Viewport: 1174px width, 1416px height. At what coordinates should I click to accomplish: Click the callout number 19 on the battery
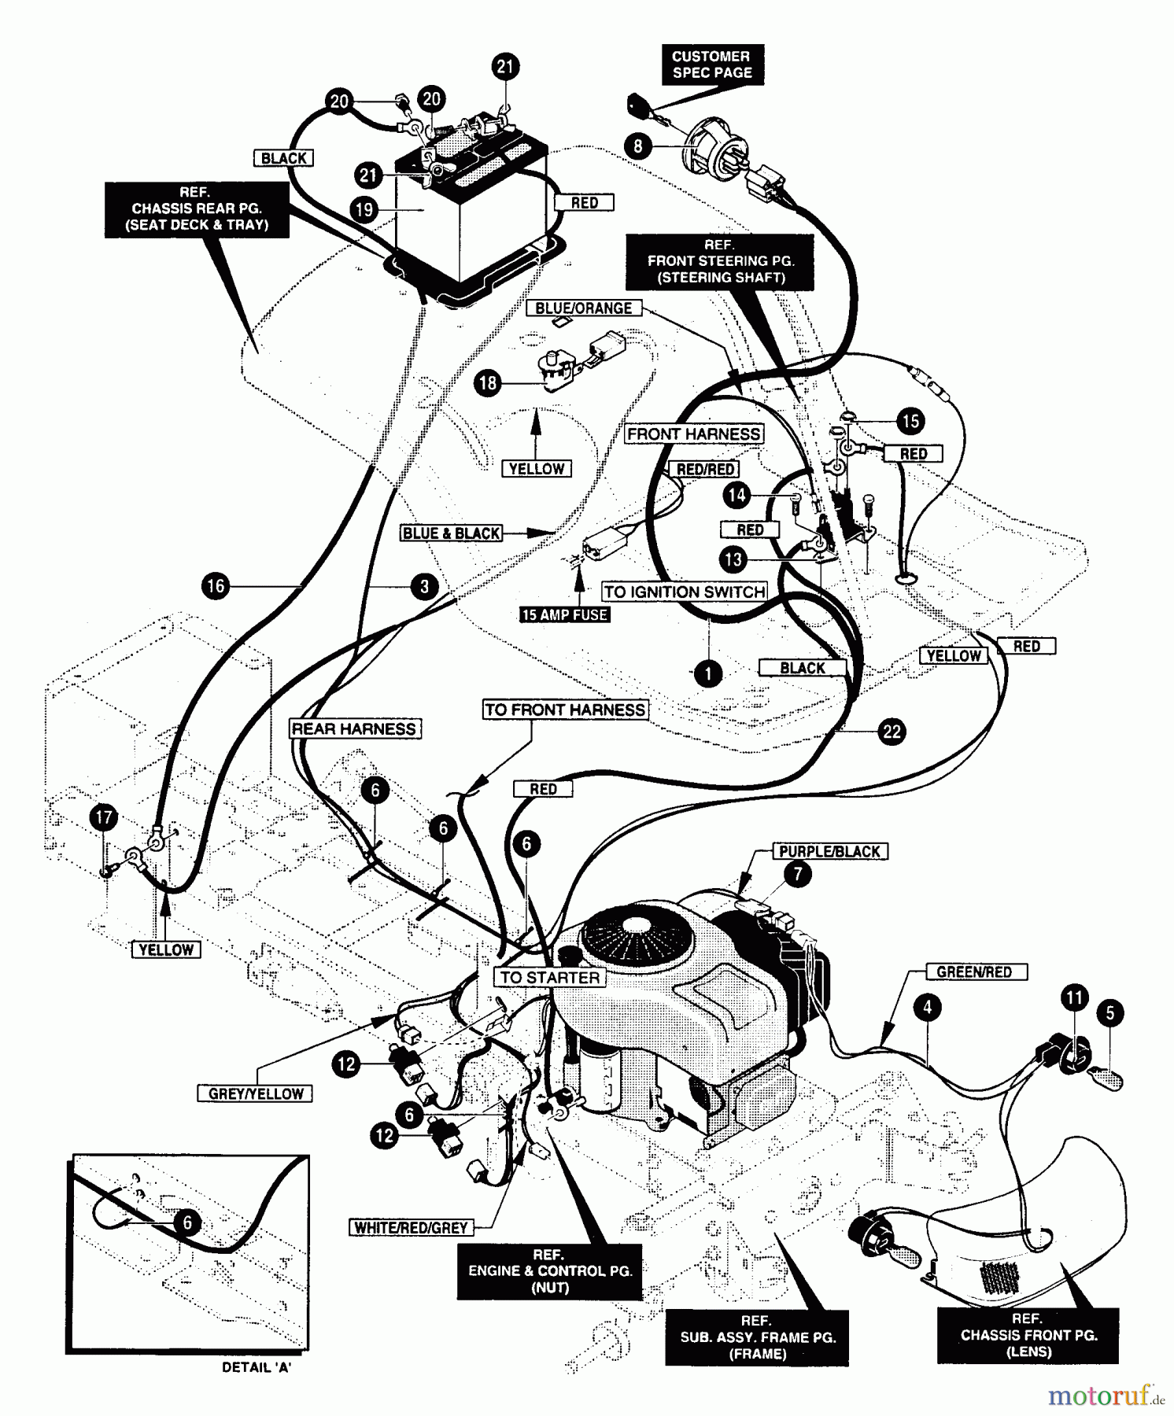click(x=364, y=209)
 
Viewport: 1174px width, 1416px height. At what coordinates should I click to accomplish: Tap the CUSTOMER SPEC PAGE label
click(x=711, y=65)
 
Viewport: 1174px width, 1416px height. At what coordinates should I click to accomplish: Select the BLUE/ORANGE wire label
click(x=583, y=308)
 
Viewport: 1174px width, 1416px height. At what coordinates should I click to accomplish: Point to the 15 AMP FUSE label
click(x=564, y=614)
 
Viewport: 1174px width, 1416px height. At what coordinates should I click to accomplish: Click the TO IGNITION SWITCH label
click(x=685, y=592)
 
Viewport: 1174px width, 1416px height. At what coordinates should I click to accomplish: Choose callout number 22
click(x=892, y=732)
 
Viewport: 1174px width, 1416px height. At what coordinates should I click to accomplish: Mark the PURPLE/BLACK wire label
click(x=829, y=851)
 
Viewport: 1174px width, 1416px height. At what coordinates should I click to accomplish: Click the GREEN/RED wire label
click(x=973, y=972)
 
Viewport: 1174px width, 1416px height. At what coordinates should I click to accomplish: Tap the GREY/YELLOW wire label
click(x=255, y=1093)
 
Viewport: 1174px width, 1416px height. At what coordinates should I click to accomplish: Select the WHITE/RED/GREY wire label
click(x=411, y=1227)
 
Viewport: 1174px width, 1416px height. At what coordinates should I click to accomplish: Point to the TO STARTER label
click(x=550, y=977)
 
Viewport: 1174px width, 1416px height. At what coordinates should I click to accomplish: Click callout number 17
click(x=104, y=817)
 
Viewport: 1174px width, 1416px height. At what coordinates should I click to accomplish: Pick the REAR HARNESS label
click(x=354, y=728)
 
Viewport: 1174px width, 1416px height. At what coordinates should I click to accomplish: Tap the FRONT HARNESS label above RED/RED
click(x=694, y=433)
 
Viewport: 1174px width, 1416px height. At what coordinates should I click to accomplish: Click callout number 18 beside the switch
click(x=488, y=383)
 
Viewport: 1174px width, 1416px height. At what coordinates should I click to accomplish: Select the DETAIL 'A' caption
click(x=257, y=1367)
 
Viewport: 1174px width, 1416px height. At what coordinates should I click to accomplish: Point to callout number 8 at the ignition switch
click(x=638, y=146)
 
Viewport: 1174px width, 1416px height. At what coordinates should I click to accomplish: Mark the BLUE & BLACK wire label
click(x=451, y=533)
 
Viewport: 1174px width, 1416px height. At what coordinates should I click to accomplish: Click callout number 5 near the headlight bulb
click(x=1110, y=1012)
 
